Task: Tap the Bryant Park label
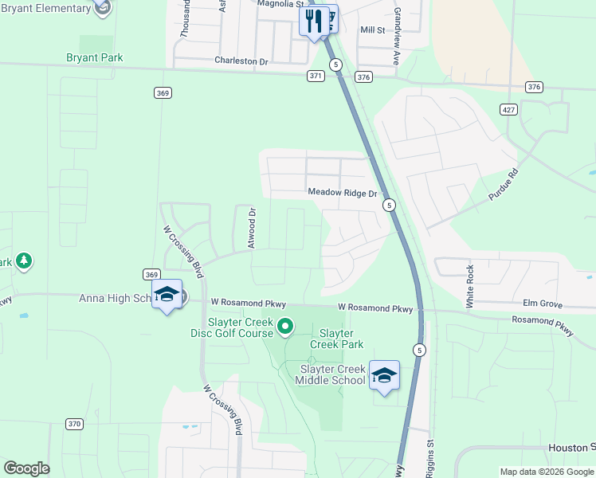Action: pyautogui.click(x=94, y=58)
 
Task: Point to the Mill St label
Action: pyautogui.click(x=372, y=30)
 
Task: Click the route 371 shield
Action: pyautogui.click(x=316, y=76)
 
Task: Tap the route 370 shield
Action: pyautogui.click(x=74, y=424)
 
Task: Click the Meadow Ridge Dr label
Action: pyautogui.click(x=342, y=193)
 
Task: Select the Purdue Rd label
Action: pyautogui.click(x=503, y=184)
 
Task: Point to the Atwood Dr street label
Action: pyautogui.click(x=252, y=229)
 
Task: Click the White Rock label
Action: pyautogui.click(x=470, y=287)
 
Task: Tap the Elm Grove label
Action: pyautogui.click(x=543, y=304)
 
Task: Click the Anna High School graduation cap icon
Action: pyautogui.click(x=167, y=295)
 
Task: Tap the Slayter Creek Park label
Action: pyautogui.click(x=341, y=339)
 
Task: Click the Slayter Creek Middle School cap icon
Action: pyautogui.click(x=384, y=375)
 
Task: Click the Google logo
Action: pyautogui.click(x=26, y=468)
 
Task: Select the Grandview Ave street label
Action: pyautogui.click(x=396, y=26)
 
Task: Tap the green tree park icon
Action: pyautogui.click(x=24, y=261)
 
